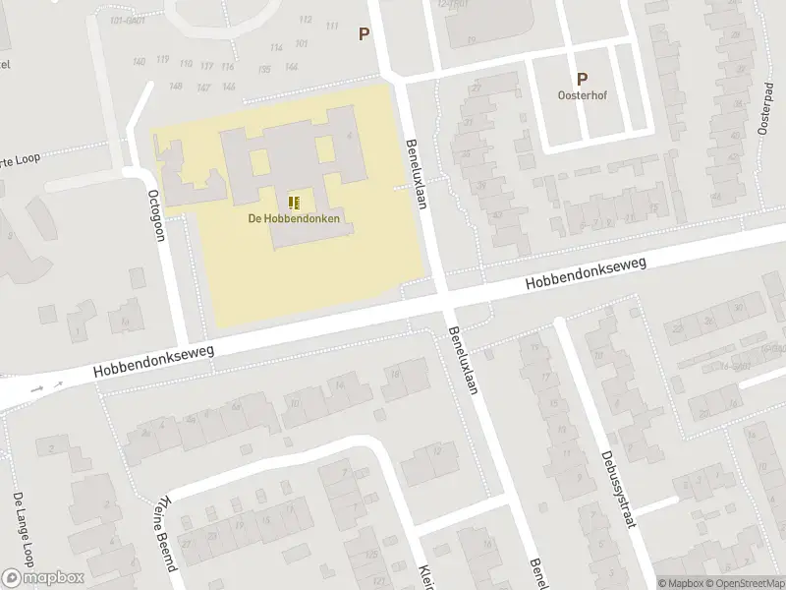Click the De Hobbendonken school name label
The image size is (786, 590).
[294, 218]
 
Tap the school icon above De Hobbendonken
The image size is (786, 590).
[294, 203]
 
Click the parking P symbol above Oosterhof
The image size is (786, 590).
[582, 80]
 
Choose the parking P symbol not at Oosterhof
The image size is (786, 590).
[365, 34]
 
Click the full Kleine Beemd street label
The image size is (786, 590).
[164, 533]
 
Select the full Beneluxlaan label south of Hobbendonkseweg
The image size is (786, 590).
[461, 361]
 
